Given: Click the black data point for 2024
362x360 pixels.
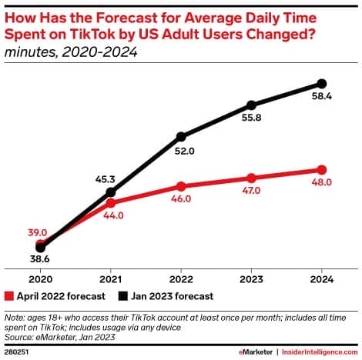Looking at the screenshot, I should coord(322,83).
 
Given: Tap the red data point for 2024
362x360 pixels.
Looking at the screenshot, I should coord(322,170).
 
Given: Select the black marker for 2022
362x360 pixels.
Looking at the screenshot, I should coord(181,137).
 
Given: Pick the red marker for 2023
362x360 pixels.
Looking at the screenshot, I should coord(252,178).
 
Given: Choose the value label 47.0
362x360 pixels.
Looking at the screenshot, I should coord(252,192).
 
